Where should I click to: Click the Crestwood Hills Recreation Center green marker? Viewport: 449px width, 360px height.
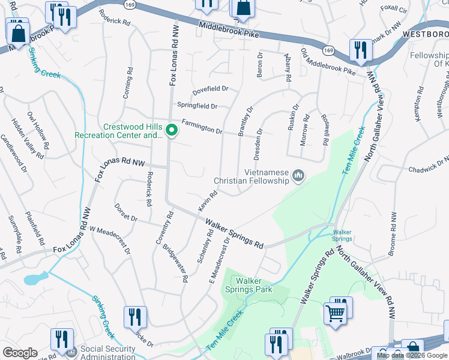point(171,130)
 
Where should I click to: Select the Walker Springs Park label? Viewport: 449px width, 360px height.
point(254,285)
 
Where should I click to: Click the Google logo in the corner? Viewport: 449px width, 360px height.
point(20,353)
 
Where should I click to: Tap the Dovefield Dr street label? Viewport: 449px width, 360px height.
point(210,90)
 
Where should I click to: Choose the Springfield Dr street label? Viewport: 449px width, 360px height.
point(196,106)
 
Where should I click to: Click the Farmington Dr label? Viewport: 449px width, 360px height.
point(201,125)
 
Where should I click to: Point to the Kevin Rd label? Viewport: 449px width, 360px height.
point(207,201)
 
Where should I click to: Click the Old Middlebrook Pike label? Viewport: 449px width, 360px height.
point(328,62)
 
